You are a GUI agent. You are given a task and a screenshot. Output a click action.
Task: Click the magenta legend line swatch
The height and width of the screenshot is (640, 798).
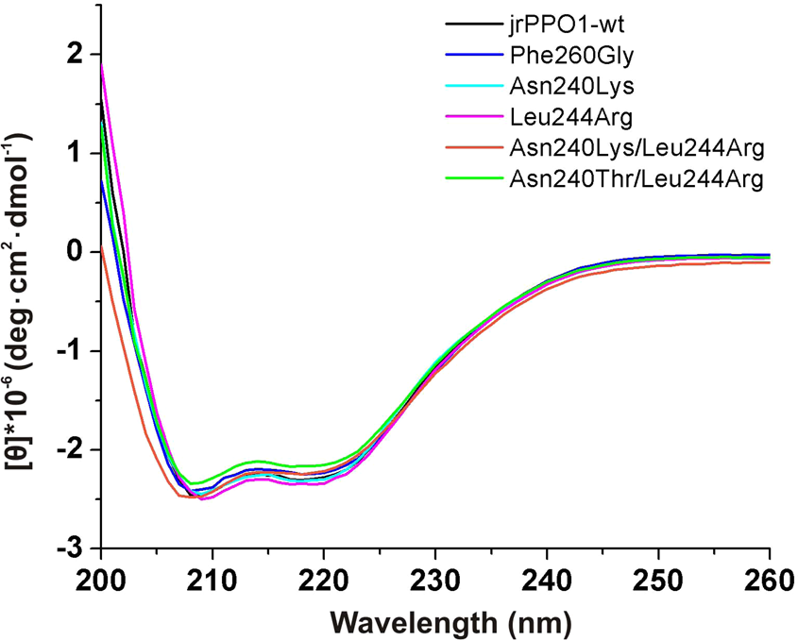pyautogui.click(x=465, y=117)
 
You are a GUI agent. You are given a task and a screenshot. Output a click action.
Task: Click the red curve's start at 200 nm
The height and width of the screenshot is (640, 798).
pyautogui.click(x=102, y=247)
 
